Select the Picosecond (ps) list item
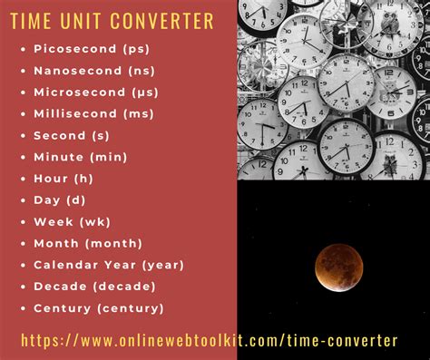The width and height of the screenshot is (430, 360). [x=91, y=48]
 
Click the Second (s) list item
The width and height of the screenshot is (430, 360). [x=72, y=135]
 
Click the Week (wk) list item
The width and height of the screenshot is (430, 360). [x=71, y=222]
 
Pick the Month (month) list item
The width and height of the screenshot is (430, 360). [x=87, y=243]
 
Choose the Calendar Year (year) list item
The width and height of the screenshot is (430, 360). [x=108, y=265]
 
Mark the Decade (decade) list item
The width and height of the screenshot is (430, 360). [x=94, y=287]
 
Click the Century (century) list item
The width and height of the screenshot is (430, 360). [x=98, y=308]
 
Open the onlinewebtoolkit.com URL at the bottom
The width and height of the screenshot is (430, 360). [x=209, y=341]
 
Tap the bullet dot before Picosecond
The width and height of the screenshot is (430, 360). [x=22, y=48]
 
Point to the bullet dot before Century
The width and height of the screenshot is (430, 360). [x=22, y=308]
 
